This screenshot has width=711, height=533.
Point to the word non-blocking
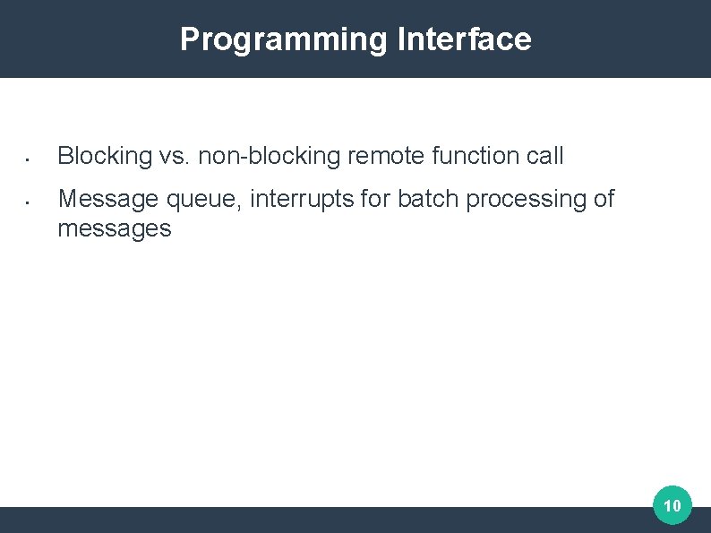[x=270, y=156]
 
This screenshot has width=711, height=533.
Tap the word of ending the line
[x=604, y=199]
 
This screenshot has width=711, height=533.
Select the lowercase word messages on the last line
[x=114, y=229]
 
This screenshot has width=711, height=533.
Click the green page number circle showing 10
[x=672, y=506]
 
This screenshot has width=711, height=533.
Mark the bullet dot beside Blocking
[x=28, y=161]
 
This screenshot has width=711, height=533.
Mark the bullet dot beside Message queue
[x=28, y=203]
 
